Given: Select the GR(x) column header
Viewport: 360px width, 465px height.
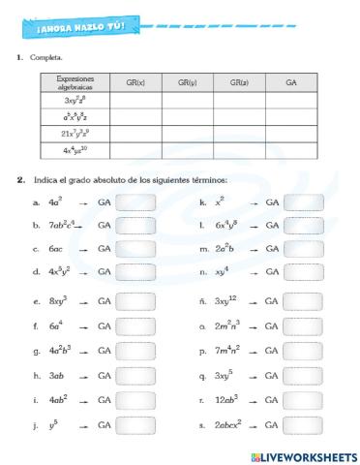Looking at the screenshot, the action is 135,83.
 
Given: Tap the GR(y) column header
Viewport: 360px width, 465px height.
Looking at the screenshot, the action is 187,83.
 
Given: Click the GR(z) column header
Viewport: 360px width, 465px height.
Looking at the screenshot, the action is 239,83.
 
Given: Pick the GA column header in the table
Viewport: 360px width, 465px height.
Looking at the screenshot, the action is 291,83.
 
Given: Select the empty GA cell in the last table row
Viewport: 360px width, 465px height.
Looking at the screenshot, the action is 291,150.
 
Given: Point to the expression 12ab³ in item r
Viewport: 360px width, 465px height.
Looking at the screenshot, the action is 226,399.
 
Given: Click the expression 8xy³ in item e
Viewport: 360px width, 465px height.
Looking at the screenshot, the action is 60,301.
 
